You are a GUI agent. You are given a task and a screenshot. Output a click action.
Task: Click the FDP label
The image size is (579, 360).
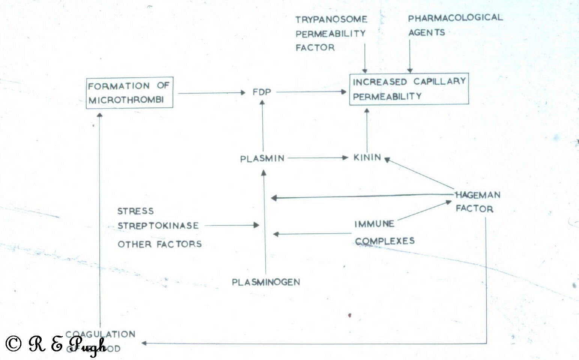click(x=262, y=92)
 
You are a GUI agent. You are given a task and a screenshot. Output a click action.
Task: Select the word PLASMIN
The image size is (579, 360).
click(x=262, y=159)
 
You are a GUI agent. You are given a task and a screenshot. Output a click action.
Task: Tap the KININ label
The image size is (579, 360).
click(x=367, y=157)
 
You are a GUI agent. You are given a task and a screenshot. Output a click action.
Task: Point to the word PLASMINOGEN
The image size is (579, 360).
click(x=266, y=282)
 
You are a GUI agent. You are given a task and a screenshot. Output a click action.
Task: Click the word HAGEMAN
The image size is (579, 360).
click(x=478, y=195)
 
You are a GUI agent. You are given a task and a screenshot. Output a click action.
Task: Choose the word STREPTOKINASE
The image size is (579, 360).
click(x=158, y=226)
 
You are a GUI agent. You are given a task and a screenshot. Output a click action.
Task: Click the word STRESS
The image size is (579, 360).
click(x=135, y=211)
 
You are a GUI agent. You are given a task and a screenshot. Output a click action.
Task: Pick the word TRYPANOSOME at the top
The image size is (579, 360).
click(x=331, y=19)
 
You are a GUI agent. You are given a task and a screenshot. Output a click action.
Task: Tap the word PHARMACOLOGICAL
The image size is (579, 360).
click(x=455, y=18)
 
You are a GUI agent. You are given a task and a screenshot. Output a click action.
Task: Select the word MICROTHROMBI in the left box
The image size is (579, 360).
click(x=126, y=100)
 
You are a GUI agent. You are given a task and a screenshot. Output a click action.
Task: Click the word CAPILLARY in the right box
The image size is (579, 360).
click(x=439, y=81)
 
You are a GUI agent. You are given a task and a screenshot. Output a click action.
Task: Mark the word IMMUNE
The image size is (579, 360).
click(x=374, y=224)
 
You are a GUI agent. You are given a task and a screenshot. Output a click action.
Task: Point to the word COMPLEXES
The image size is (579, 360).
click(x=385, y=241)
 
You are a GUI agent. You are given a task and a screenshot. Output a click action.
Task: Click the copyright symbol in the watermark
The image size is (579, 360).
click(x=14, y=343)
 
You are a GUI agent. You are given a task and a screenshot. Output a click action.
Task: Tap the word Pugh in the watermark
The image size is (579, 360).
click(x=88, y=345)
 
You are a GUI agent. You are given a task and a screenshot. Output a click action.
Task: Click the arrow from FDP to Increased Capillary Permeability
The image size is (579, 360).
click(x=311, y=91)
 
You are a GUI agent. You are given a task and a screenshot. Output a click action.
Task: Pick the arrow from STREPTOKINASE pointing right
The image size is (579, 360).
click(x=232, y=225)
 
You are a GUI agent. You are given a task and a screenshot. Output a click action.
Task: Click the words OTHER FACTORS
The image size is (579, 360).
click(x=159, y=244)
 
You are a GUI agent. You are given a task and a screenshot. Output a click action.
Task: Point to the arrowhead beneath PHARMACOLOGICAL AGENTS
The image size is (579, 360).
click(x=410, y=70)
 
